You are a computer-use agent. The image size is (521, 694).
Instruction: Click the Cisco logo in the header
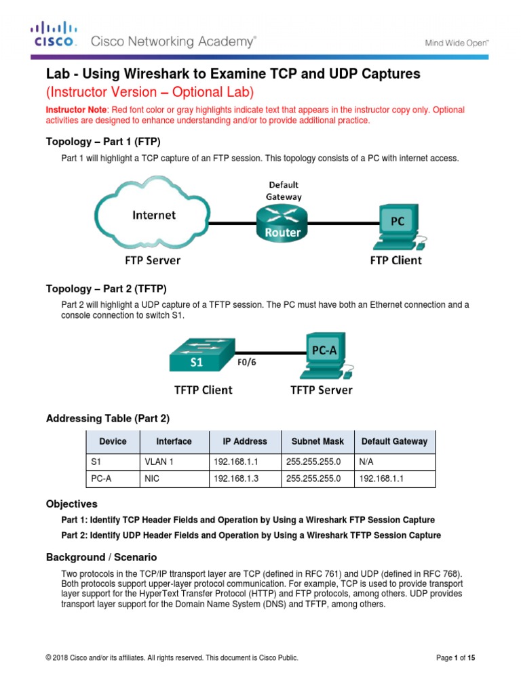coord(54,33)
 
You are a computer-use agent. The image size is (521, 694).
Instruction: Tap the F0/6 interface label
coord(246,362)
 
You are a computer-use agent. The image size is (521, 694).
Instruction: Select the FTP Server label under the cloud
coord(153,260)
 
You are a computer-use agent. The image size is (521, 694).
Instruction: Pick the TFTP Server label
coord(322,390)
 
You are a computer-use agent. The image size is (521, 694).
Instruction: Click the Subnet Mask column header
coord(317,441)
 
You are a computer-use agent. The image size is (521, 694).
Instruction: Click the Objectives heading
coord(71,504)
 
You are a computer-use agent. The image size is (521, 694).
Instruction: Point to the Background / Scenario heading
coord(101,557)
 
